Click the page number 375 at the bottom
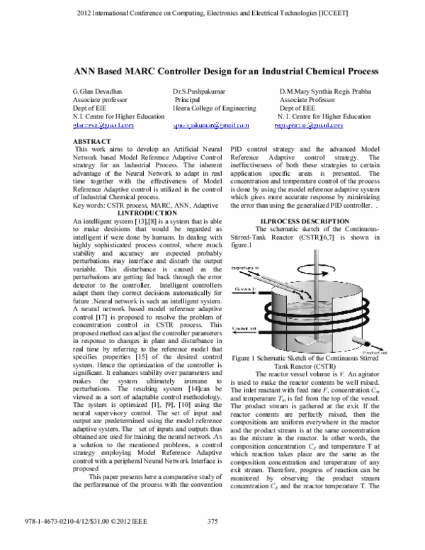[212, 541]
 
